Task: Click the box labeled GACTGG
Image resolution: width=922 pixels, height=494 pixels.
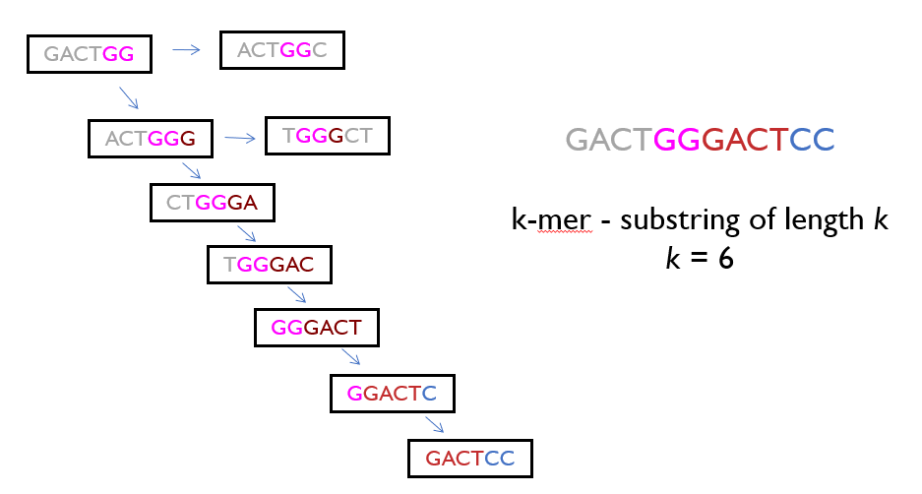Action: point(89,53)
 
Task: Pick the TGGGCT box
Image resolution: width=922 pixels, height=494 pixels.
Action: point(327,136)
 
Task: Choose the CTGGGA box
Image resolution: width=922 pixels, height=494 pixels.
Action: point(212,203)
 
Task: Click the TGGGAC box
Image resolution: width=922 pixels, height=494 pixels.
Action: point(268,264)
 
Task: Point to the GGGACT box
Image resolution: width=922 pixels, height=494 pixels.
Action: point(315,327)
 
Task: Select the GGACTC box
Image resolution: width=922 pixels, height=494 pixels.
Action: point(391,395)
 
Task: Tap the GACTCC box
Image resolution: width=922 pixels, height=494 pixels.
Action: point(469,458)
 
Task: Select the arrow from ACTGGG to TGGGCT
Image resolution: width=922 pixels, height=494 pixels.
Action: point(239,138)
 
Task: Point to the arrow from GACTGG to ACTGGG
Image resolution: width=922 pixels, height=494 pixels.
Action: point(129,96)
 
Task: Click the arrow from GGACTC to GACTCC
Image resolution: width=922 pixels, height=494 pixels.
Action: point(434,424)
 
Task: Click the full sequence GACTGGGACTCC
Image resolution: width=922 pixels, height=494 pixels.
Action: point(700,141)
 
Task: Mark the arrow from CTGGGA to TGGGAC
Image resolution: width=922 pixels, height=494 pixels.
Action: point(245,233)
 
